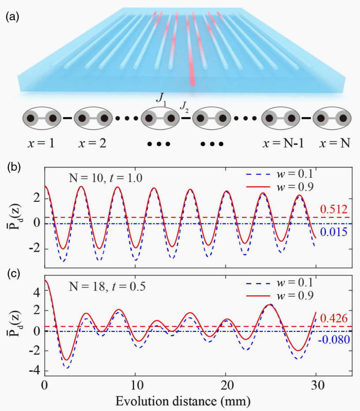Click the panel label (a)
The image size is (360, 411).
coord(11,17)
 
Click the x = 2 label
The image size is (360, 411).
coord(92,143)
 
